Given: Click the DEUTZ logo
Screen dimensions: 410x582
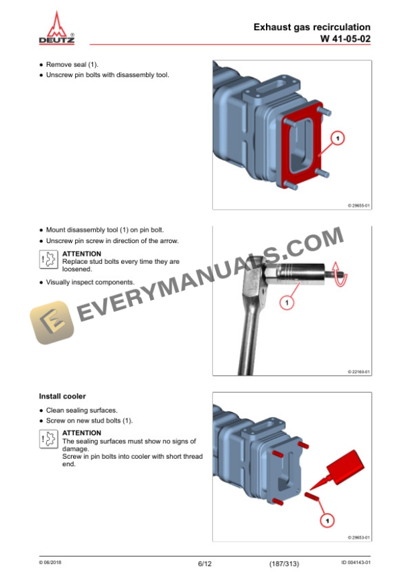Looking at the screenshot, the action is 56,28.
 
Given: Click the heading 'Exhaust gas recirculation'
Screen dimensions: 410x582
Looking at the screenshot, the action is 312,27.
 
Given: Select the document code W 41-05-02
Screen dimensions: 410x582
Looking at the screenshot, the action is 346,39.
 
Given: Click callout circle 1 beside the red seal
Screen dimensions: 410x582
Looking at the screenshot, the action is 338,139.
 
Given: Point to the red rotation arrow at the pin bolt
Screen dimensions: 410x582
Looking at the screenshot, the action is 340,274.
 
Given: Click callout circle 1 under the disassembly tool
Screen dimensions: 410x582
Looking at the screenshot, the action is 286,303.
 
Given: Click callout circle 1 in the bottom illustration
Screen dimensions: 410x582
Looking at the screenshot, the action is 327,521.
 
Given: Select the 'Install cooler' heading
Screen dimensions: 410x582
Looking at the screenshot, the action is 62,396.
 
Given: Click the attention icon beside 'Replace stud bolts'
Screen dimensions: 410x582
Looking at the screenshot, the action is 49,259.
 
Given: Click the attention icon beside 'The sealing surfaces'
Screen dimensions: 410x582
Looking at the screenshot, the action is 49,439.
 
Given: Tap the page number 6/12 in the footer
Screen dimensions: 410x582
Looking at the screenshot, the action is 204,564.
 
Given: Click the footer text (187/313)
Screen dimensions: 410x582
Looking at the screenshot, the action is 284,564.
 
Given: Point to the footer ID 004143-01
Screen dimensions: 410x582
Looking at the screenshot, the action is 356,563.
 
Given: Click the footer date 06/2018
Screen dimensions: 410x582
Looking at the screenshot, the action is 50,563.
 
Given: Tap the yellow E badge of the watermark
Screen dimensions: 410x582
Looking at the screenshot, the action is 52,323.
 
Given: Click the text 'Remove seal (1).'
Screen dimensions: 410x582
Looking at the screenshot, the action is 72,64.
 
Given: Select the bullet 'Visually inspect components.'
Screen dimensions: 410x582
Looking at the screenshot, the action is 90,283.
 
